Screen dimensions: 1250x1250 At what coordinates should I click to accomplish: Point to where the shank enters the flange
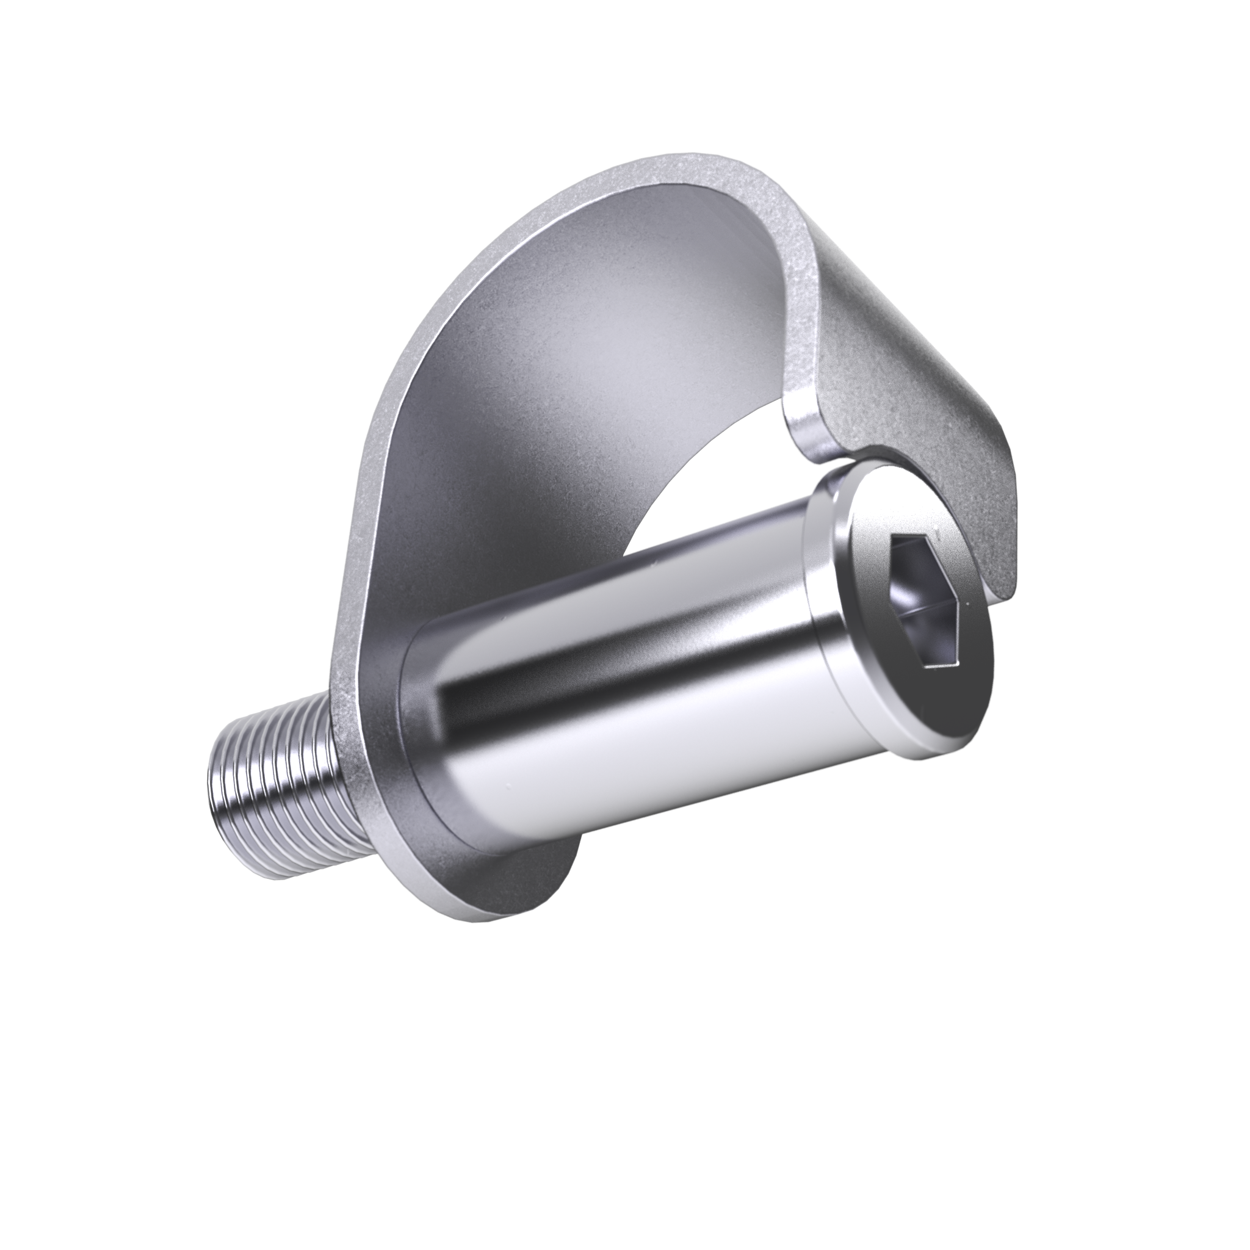click(x=427, y=731)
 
